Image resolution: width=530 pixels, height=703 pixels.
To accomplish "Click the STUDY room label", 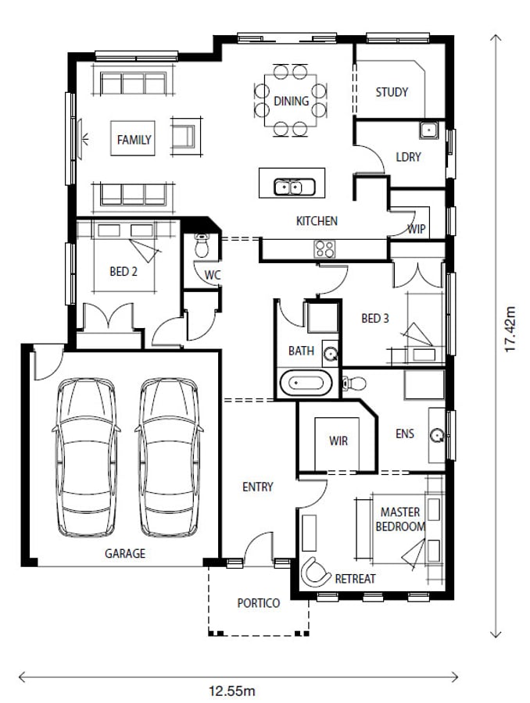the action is click(392, 92).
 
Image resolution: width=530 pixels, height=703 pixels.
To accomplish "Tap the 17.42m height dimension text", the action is click(510, 329).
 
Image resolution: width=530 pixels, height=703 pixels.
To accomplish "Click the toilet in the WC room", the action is click(202, 245).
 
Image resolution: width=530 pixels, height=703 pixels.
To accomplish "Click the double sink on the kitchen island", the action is click(294, 187).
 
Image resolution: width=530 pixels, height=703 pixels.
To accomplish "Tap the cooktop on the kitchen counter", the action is click(324, 249).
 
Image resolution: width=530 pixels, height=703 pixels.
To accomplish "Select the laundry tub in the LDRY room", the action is click(429, 130).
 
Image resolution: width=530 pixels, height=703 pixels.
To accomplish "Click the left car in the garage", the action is click(86, 457).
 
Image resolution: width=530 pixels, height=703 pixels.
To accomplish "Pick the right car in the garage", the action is click(169, 457).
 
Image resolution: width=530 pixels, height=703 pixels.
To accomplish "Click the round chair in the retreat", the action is click(315, 572).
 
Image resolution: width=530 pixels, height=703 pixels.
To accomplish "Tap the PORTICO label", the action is click(259, 603).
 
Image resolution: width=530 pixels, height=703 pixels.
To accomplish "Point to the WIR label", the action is click(338, 441).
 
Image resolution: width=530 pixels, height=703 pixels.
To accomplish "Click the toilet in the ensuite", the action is click(354, 384).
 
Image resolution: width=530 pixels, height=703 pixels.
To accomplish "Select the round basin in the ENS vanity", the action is click(437, 435).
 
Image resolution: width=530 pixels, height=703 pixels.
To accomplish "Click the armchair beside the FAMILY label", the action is click(185, 136).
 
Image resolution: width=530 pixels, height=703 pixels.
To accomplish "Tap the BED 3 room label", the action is click(374, 319).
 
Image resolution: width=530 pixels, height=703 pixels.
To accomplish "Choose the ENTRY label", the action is click(258, 487).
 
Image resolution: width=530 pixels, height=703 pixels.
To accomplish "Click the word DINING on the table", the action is click(292, 101).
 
